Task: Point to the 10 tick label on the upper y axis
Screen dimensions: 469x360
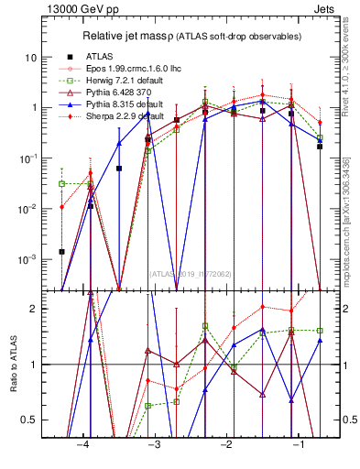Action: (x=31, y=58)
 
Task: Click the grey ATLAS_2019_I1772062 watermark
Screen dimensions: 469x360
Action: (x=190, y=273)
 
